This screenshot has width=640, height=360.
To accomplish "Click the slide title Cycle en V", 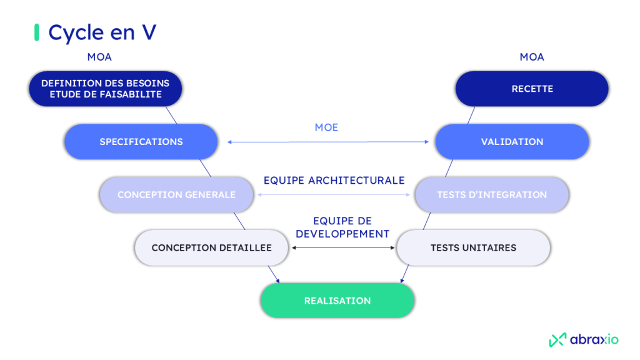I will pos(102,32).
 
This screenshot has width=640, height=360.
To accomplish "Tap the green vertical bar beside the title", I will pos(36,32).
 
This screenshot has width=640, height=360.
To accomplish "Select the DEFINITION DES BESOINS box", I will pos(105,89).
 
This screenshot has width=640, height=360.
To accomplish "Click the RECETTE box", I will pos(532,89).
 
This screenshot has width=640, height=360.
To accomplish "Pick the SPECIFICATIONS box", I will pos(141,142).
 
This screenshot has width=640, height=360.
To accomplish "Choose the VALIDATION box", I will pos(512,142).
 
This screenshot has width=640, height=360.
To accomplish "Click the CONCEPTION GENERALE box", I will pos(176,194).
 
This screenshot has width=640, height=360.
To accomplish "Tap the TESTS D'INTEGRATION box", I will pos(492,194).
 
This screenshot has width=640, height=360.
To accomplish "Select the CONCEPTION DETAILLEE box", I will pos(211,247).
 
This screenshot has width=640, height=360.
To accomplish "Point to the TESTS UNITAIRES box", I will pos(473,247).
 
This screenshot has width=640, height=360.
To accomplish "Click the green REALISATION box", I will pos(337,301).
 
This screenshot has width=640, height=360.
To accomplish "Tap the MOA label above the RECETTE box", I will pos(532,57).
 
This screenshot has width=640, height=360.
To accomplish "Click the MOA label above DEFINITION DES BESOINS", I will pos(100,57).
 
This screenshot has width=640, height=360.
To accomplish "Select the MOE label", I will pos(326,127).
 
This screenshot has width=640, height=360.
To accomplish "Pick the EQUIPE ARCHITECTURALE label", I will pos(334,180).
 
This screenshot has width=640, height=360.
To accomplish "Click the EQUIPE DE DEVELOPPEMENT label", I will pos(342,227).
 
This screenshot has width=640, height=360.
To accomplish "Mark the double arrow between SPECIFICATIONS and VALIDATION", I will pos(328,142).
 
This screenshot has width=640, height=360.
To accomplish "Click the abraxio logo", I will pos(584,339).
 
